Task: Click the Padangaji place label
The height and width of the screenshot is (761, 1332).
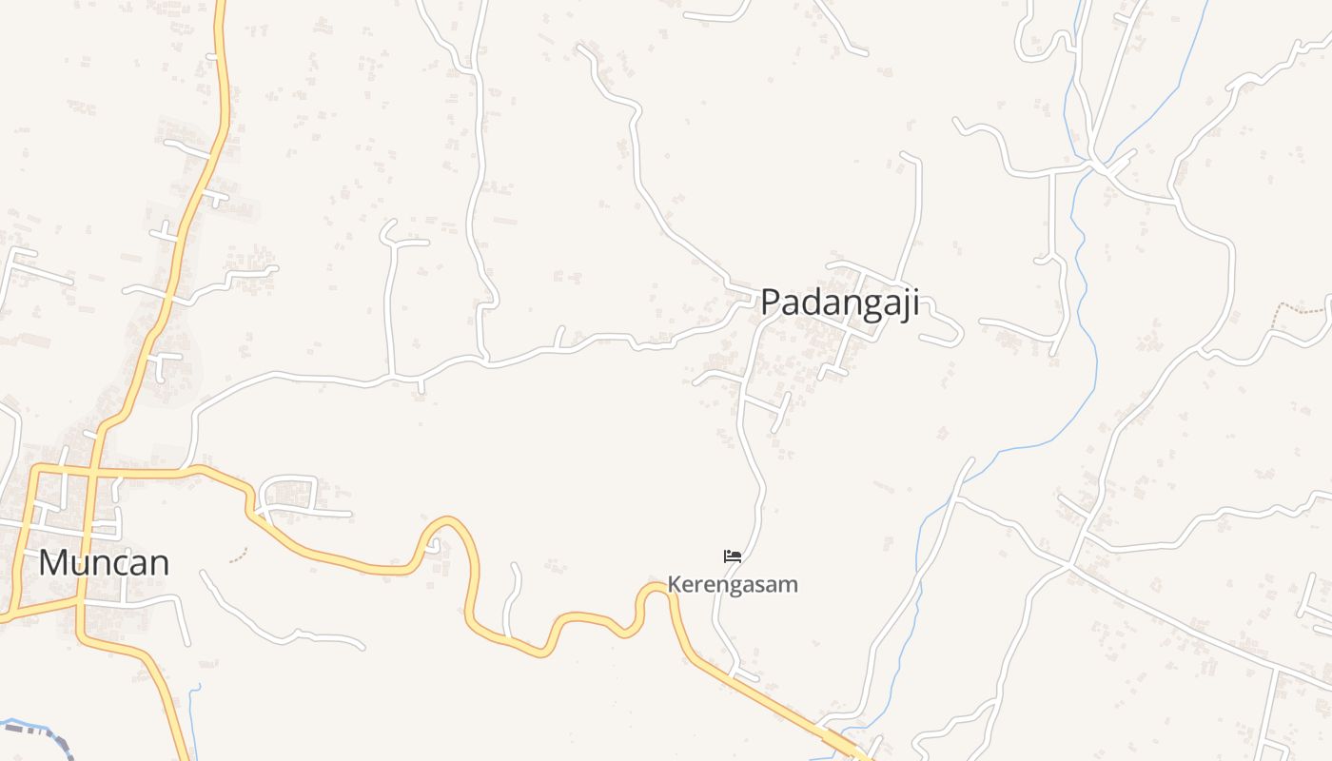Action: [840, 302]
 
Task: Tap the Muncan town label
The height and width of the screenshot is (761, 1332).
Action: [104, 562]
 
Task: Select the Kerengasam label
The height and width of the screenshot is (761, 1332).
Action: [732, 584]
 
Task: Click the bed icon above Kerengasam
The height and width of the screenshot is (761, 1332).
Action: [732, 556]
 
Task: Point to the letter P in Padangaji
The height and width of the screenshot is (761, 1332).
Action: [771, 302]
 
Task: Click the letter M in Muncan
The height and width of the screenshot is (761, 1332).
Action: [53, 562]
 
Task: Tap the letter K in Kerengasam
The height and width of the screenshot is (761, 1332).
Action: [673, 584]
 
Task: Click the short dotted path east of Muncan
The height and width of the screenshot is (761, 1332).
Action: [239, 554]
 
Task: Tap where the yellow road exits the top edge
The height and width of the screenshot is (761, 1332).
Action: [220, 4]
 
